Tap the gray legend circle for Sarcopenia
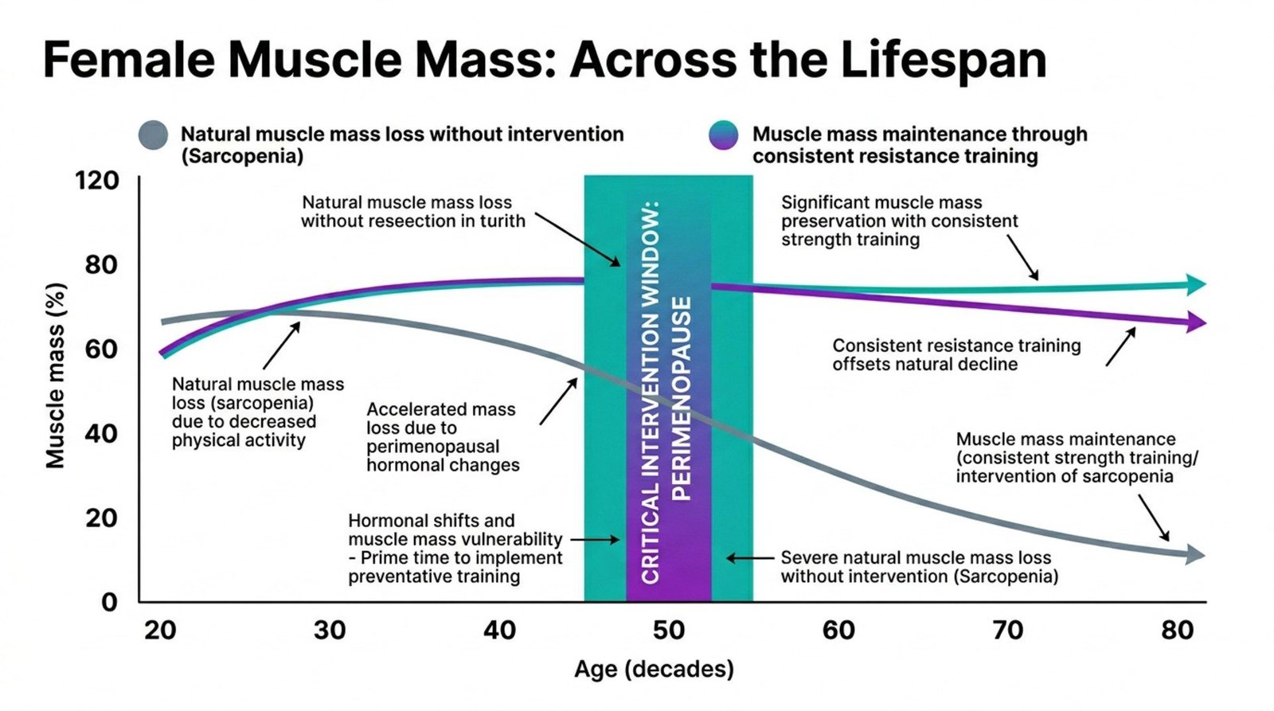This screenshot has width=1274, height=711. click(153, 135)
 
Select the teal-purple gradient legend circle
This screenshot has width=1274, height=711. click(723, 135)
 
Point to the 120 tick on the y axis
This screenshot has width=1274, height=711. click(97, 181)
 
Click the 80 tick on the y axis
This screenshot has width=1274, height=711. click(102, 264)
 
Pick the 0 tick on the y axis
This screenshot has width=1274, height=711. click(110, 602)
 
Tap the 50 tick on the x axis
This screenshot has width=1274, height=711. click(668, 631)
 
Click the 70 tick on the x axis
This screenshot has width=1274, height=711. click(1007, 631)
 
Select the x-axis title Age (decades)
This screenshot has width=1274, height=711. click(654, 669)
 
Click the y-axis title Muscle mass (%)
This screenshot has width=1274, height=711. click(55, 374)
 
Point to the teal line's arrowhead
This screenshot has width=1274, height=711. click(1196, 284)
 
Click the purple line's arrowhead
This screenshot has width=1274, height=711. click(1196, 322)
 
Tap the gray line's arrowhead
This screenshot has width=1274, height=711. click(1195, 555)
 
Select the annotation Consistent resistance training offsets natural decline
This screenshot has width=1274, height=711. click(955, 355)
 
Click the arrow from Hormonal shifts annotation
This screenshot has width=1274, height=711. click(595, 540)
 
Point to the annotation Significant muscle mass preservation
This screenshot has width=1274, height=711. click(899, 221)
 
